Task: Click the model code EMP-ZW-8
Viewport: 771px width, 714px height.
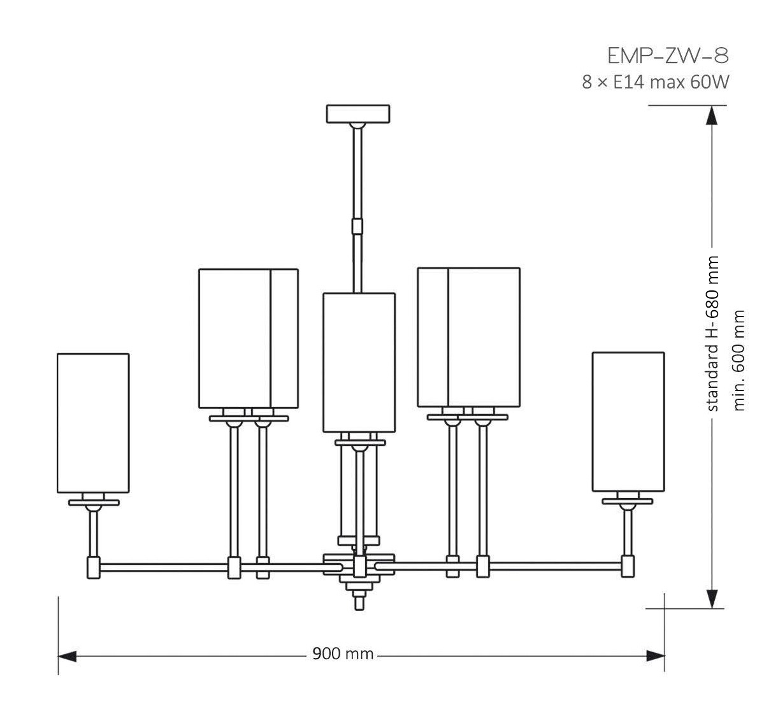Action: [668, 56]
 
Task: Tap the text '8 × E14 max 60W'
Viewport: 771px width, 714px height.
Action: [655, 82]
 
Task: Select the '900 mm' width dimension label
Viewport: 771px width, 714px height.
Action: [343, 654]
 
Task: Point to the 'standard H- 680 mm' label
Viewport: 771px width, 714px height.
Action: [712, 334]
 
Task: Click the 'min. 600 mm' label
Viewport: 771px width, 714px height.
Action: [739, 361]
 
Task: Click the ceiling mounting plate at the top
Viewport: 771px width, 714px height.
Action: [358, 114]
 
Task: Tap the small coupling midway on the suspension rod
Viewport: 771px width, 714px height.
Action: [357, 226]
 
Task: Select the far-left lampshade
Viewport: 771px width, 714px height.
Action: [93, 423]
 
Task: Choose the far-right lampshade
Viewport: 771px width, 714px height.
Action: [628, 422]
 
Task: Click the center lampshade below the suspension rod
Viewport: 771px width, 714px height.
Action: [359, 362]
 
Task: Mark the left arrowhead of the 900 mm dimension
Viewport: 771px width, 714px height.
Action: [67, 656]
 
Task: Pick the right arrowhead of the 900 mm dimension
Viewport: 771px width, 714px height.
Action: [655, 656]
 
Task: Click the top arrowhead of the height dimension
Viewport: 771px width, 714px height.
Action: [712, 115]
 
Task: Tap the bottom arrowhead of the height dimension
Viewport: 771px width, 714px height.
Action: [712, 599]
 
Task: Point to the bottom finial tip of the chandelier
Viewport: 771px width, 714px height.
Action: [359, 609]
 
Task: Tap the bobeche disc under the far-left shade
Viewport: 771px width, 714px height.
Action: [94, 503]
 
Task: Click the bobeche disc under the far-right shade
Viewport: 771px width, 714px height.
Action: [628, 501]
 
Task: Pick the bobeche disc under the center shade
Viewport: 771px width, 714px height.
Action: [360, 443]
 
